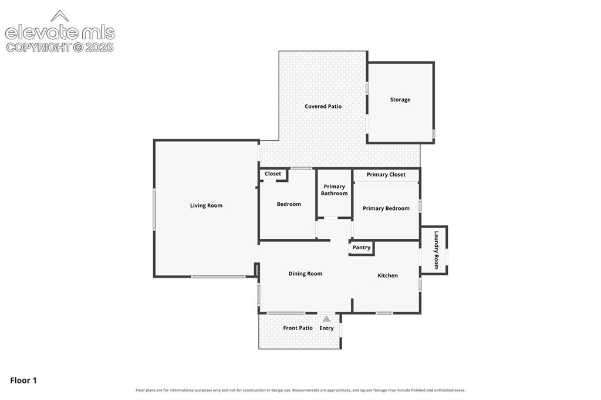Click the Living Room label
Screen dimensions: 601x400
[x=206, y=205]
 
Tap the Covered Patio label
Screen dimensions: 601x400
[x=323, y=107]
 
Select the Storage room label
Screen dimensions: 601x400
[x=400, y=100]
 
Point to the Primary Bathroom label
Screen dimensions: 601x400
[x=334, y=189]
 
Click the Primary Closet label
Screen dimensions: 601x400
[x=386, y=175]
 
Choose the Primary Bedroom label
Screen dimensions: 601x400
[x=386, y=208]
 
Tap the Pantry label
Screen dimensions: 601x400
[x=362, y=248]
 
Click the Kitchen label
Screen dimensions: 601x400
[x=387, y=276]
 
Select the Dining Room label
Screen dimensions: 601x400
[x=305, y=273]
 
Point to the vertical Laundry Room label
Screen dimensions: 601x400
[x=436, y=250]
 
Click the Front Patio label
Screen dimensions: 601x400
[x=298, y=328]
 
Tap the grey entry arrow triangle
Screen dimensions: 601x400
[x=326, y=319]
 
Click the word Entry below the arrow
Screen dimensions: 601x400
[x=326, y=328]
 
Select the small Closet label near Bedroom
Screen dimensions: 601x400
[x=273, y=174]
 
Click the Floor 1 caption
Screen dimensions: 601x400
[x=23, y=381]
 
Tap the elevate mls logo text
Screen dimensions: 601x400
[x=60, y=33]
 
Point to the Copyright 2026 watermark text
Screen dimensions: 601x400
[x=60, y=48]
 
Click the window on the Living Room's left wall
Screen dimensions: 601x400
[x=154, y=209]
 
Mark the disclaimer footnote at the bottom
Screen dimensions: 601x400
[x=300, y=391]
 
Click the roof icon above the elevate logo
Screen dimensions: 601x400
[x=60, y=16]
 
